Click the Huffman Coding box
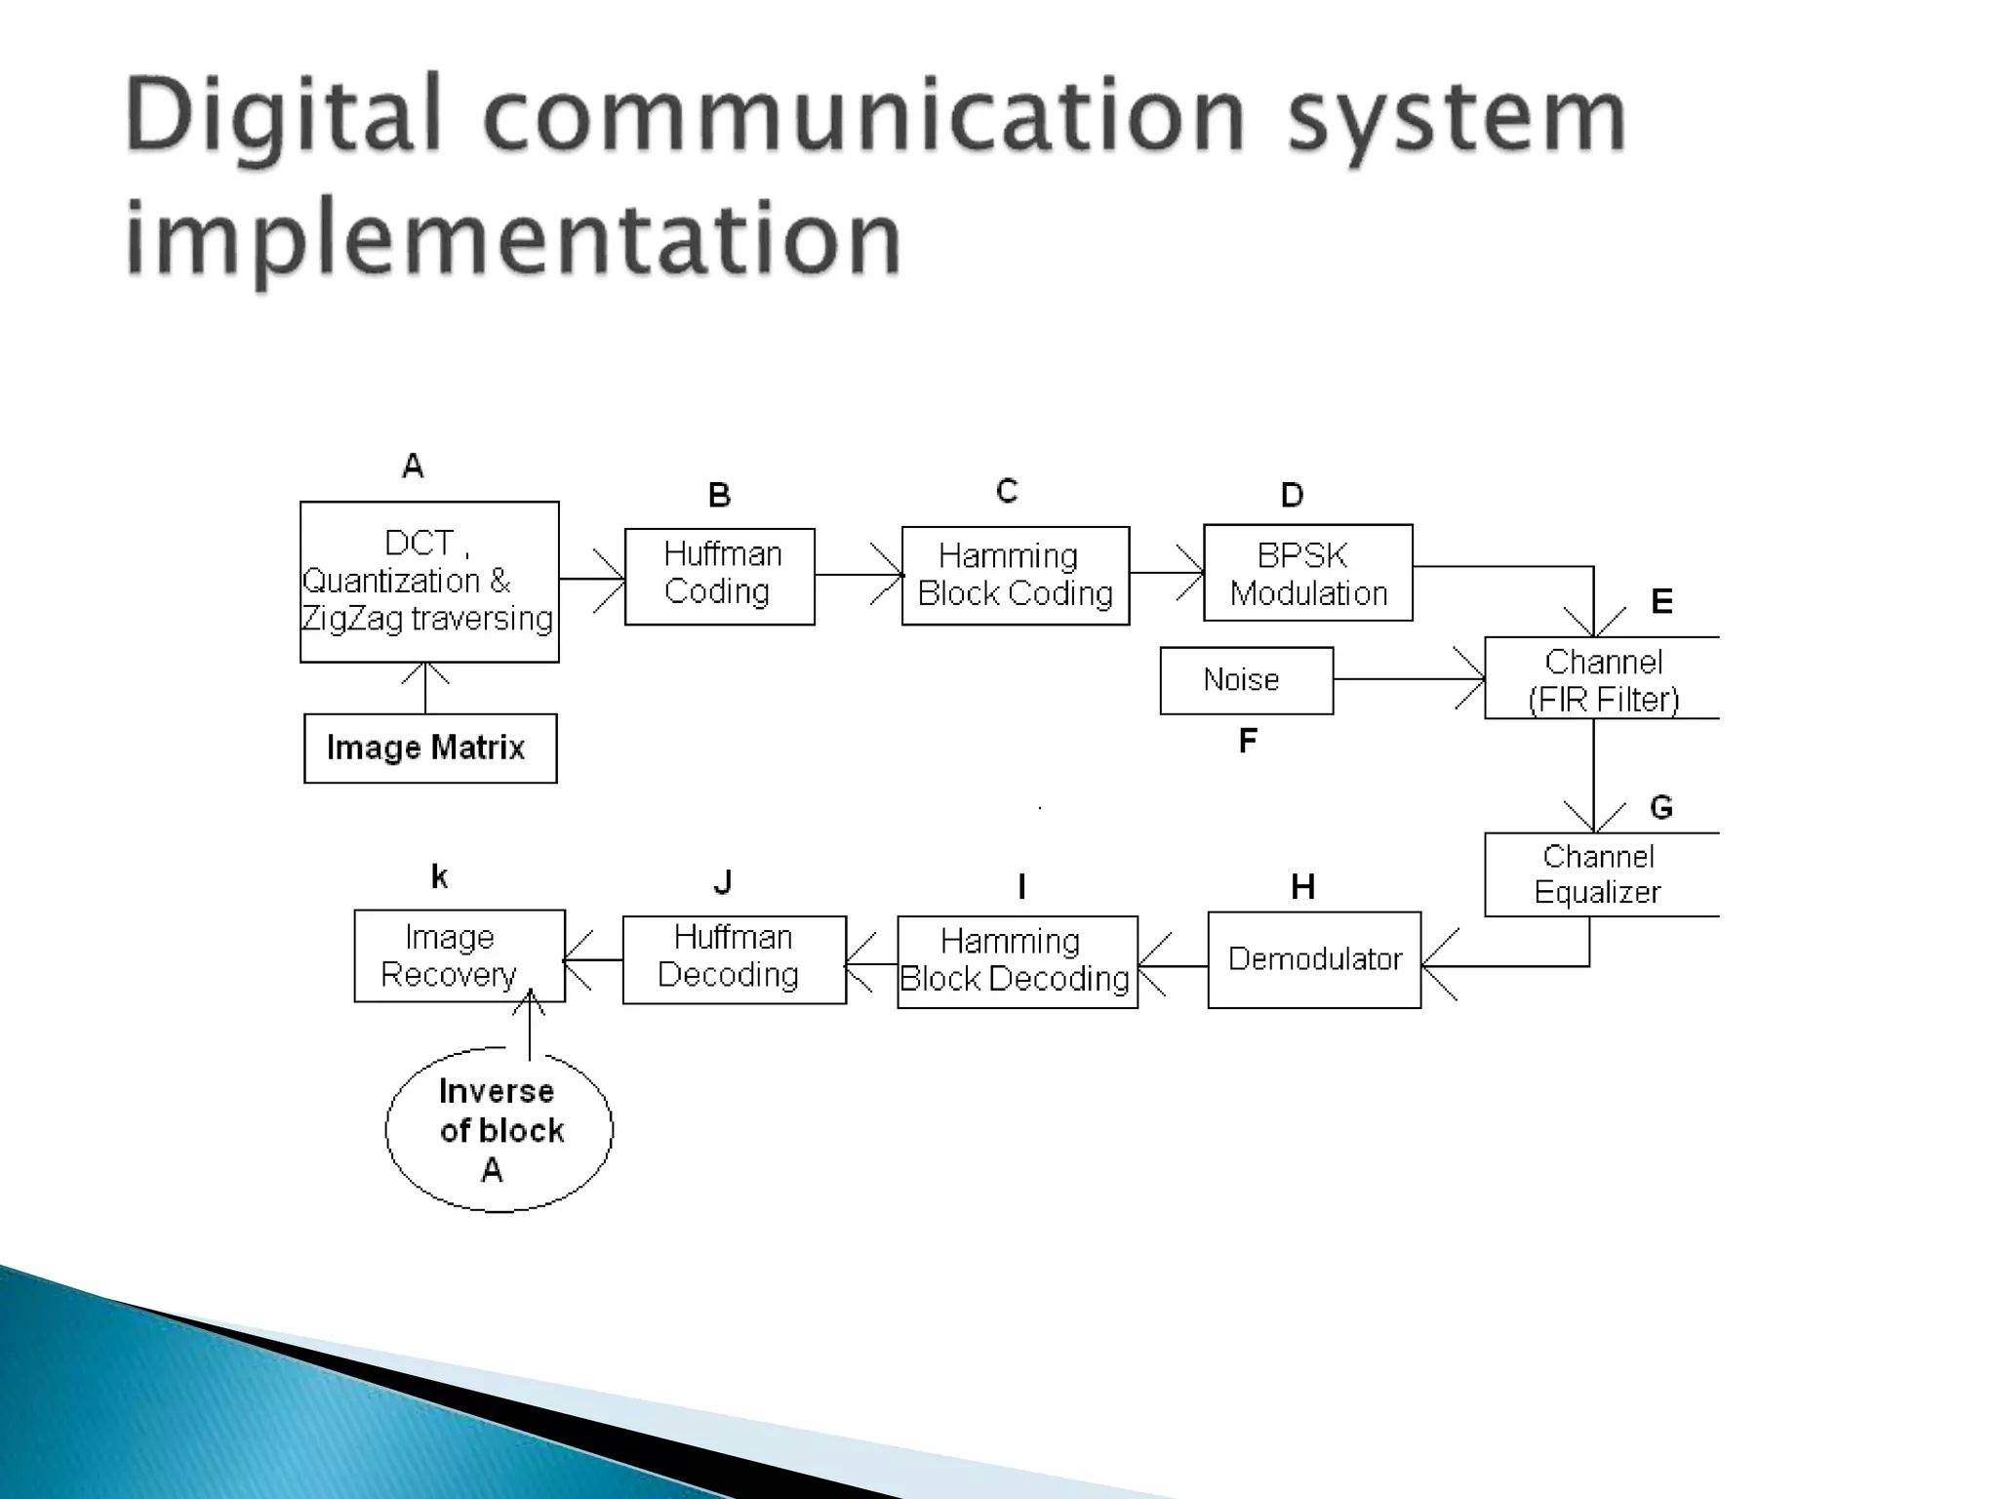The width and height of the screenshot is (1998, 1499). pos(719,576)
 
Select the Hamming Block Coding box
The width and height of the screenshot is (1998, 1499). pos(1015,576)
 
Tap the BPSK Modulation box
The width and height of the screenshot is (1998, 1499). pos(1307,573)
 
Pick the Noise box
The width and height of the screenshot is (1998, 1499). pos(1246,680)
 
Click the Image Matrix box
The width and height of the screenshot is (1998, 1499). pos(430,749)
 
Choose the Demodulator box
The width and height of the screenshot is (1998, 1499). pos(1313,959)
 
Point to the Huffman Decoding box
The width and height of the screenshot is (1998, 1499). pos(734,959)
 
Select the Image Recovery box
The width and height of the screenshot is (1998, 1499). pos(459,956)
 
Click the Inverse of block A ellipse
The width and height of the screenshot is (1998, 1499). pos(499,1130)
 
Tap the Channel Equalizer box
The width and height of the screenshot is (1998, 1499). pos(1600,874)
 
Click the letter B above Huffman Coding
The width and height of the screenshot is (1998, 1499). pos(719,496)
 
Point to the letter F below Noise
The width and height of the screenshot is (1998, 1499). pos(1247,742)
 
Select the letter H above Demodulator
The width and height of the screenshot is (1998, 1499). pos(1302,887)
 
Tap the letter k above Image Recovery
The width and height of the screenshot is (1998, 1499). pos(439,877)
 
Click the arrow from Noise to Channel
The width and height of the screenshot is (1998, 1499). pos(1409,678)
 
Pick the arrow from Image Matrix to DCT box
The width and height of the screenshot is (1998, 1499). pos(425,688)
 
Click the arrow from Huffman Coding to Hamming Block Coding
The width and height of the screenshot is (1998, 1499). pos(859,575)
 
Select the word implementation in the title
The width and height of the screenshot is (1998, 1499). pos(513,238)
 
